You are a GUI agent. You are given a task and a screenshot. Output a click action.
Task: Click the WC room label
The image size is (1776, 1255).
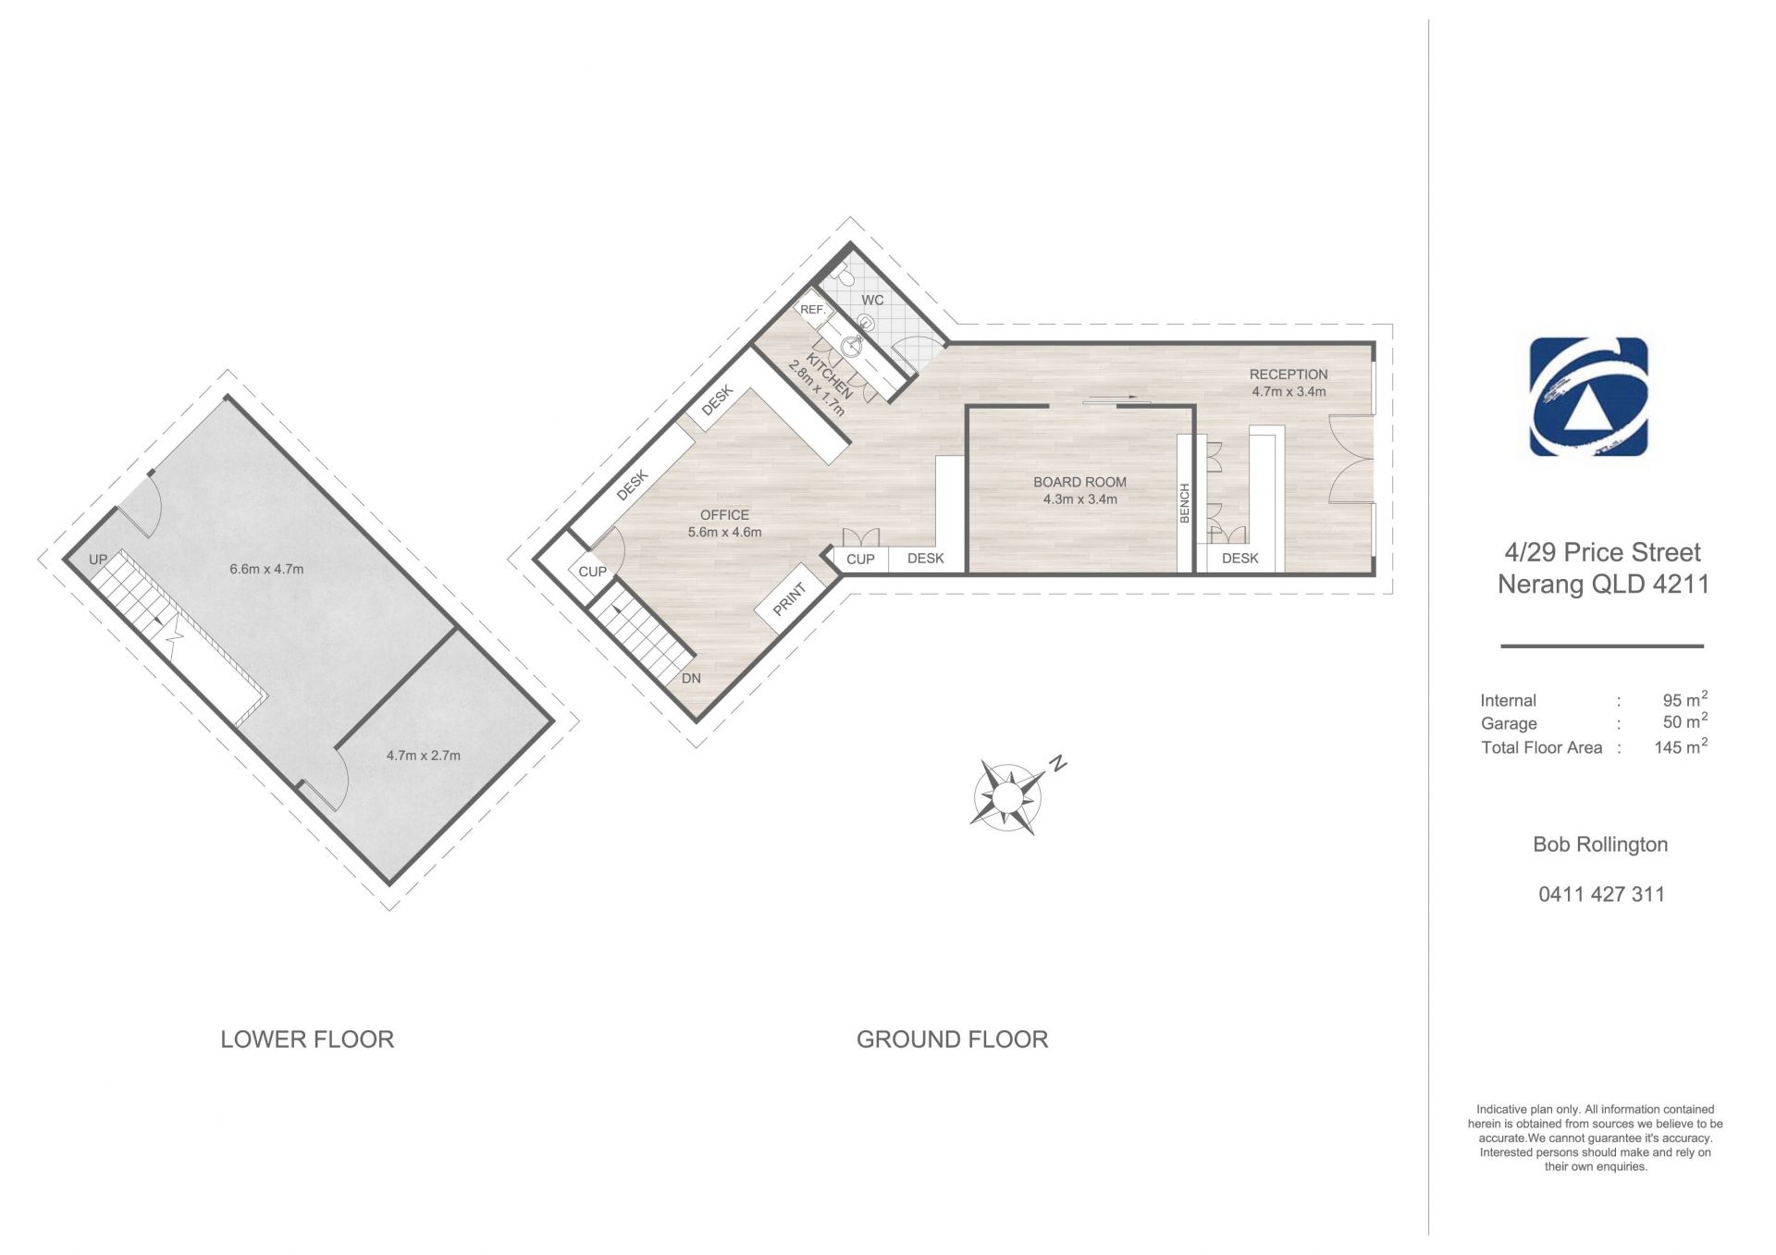[x=872, y=300]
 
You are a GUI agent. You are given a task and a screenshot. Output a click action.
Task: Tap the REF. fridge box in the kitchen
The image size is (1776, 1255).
[x=813, y=310]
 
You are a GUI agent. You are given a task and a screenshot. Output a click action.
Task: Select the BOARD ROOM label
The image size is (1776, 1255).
[x=1079, y=482]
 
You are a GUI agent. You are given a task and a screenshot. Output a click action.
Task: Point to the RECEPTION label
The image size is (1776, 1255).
[x=1289, y=375]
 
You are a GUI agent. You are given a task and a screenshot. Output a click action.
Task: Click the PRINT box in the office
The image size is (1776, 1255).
[x=789, y=599]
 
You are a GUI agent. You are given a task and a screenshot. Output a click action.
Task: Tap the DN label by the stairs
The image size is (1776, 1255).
[x=691, y=678]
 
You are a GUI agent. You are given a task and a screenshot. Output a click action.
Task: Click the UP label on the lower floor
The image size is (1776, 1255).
[x=98, y=560]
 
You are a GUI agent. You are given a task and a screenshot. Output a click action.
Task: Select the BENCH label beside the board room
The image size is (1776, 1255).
[x=1184, y=503]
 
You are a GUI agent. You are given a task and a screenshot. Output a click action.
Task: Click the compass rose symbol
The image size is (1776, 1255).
[x=1007, y=796]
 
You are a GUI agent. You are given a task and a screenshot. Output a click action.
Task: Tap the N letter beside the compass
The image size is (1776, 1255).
[x=1058, y=764]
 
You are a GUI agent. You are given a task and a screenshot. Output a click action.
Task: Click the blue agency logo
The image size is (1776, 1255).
[x=1588, y=397]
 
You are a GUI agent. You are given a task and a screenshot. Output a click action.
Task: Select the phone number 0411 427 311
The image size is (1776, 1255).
[x=1601, y=894]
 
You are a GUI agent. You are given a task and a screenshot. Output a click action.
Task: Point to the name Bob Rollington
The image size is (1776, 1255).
[x=1600, y=844]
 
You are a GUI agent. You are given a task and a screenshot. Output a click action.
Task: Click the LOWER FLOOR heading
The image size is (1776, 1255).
[x=307, y=1040]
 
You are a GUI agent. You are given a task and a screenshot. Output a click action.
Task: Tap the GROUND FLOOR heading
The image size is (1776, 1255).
[x=952, y=1040]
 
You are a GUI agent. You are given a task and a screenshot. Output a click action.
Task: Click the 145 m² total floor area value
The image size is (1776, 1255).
[x=1681, y=746]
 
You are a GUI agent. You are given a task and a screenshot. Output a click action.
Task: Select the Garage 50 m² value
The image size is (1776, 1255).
[x=1685, y=721]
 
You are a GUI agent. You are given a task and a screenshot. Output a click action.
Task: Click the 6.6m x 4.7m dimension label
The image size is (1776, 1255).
[x=266, y=569]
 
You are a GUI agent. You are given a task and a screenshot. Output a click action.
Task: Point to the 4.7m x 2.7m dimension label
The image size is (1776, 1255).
[x=423, y=755]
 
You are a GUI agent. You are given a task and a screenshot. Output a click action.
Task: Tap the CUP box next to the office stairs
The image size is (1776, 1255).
[x=592, y=572]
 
